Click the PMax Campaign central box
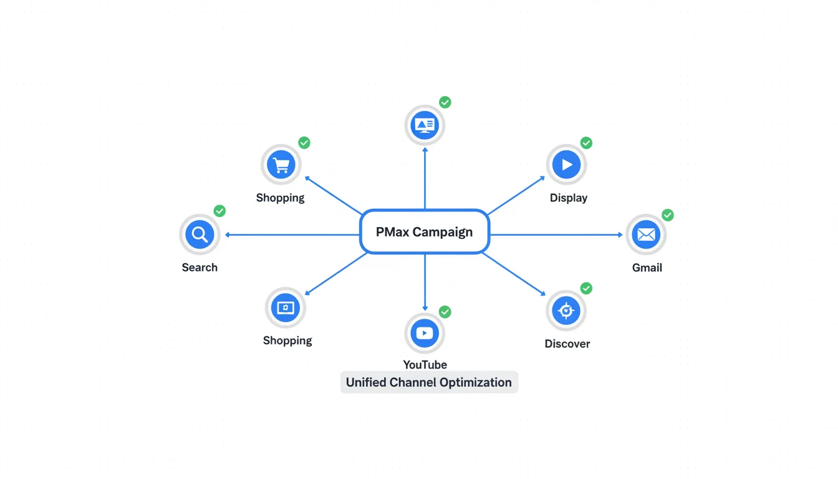425,232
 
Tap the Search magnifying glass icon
200,235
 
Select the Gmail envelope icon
646,235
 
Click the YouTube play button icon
425,333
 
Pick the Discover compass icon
566,311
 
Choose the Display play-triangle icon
567,165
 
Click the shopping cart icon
281,165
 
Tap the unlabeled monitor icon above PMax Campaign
425,125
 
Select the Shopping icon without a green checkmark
286,308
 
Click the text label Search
200,268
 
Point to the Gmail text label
647,268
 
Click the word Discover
567,344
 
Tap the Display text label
569,198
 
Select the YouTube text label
425,365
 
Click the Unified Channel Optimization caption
429,382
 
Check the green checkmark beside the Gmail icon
667,215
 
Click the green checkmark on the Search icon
219,211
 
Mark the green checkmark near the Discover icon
586,288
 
